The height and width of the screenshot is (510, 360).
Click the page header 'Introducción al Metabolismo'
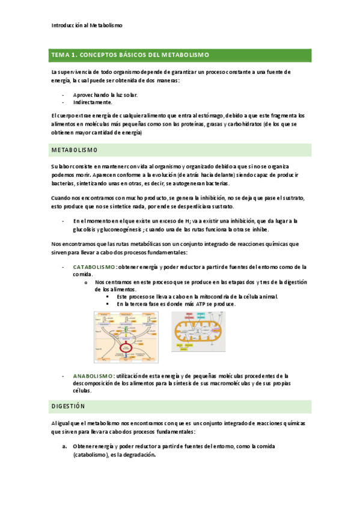[87, 25]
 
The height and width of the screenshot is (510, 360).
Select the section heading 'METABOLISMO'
[75, 150]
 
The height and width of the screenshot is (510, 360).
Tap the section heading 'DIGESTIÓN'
[69, 407]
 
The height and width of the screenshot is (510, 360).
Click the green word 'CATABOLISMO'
[94, 266]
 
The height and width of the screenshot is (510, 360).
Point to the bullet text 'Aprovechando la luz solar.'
[105, 95]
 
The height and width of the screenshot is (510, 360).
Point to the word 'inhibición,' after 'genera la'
[207, 197]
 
